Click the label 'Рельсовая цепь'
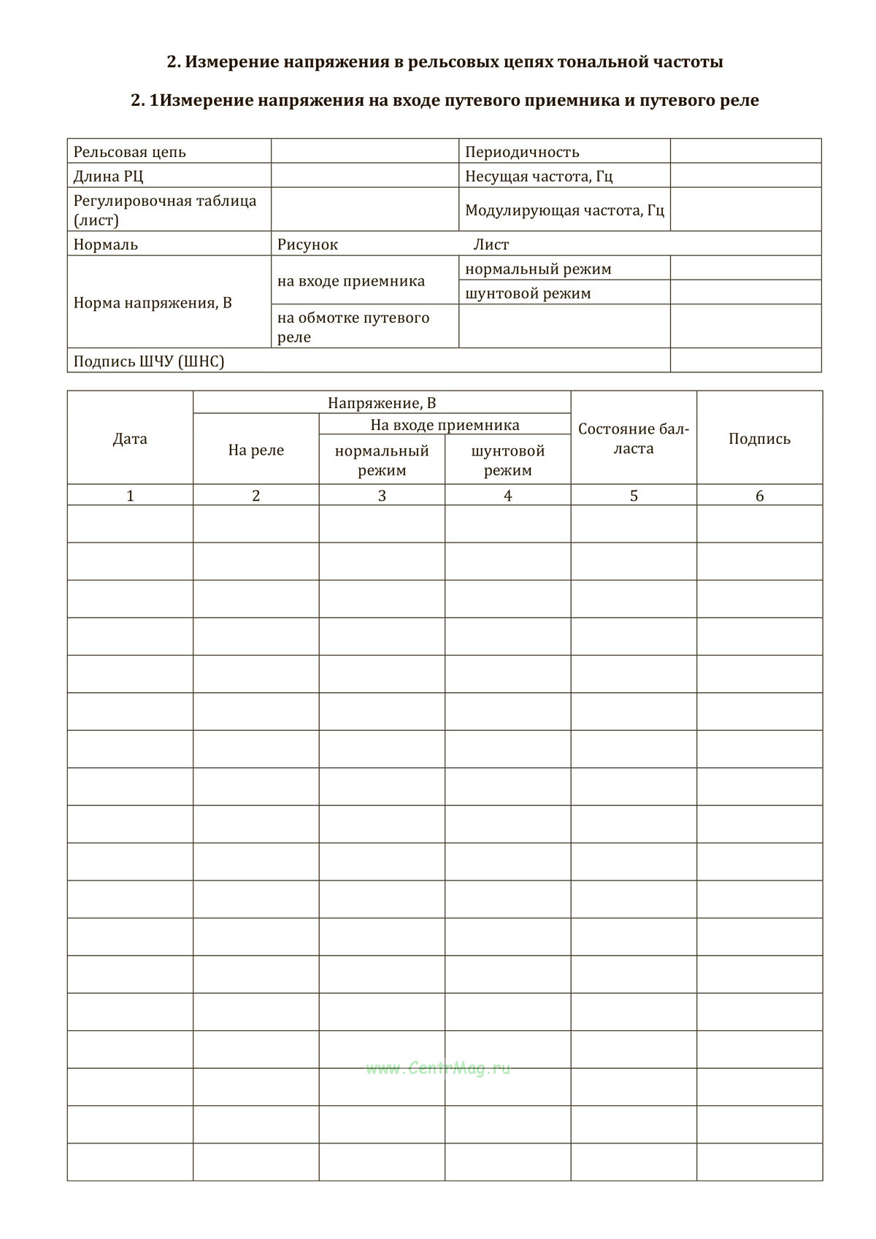[130, 152]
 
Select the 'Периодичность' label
[522, 152]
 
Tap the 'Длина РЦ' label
[109, 176]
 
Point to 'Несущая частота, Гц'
[539, 176]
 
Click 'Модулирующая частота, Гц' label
[564, 210]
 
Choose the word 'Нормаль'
[106, 245]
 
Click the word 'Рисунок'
[307, 245]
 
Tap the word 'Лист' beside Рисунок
[491, 245]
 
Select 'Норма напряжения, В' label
[153, 302]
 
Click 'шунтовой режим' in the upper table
[528, 294]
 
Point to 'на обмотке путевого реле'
[353, 327]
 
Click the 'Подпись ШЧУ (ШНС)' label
[149, 361]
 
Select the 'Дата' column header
[130, 439]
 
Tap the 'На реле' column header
[256, 450]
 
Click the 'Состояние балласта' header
[634, 439]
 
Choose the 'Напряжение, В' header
[382, 403]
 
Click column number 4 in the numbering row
[508, 496]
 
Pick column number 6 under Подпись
[759, 496]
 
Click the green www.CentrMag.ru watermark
[438, 1069]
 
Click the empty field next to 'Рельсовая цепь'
[365, 152]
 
